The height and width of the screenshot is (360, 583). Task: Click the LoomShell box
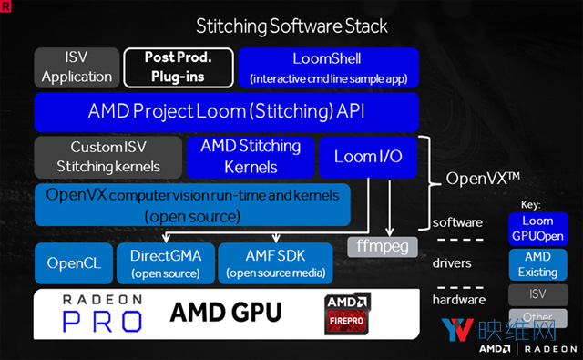pyautogui.click(x=326, y=67)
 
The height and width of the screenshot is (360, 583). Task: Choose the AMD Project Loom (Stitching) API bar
pyautogui.click(x=225, y=112)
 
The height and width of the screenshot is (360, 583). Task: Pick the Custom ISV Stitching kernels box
pyautogui.click(x=107, y=156)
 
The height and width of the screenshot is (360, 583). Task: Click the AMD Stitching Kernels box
pyautogui.click(x=250, y=156)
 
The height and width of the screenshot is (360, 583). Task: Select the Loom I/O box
pyautogui.click(x=368, y=156)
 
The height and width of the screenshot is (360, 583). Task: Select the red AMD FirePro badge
pyautogui.click(x=350, y=312)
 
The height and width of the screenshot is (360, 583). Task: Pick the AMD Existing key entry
pyautogui.click(x=537, y=264)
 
